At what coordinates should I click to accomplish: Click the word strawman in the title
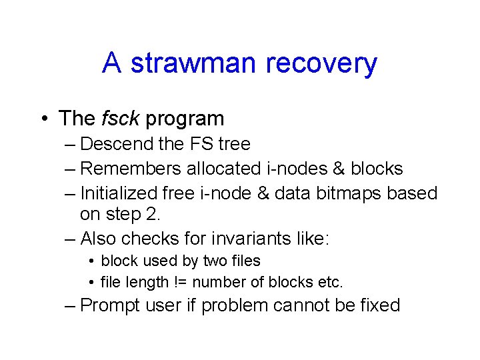point(193,64)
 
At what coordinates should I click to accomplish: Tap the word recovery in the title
point(321,64)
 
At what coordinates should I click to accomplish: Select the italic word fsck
point(120,119)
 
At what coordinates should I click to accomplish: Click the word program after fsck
point(185,119)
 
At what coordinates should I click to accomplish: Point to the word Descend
point(117,144)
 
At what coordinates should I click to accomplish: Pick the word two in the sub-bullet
point(211,261)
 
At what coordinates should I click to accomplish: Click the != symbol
point(180,282)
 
